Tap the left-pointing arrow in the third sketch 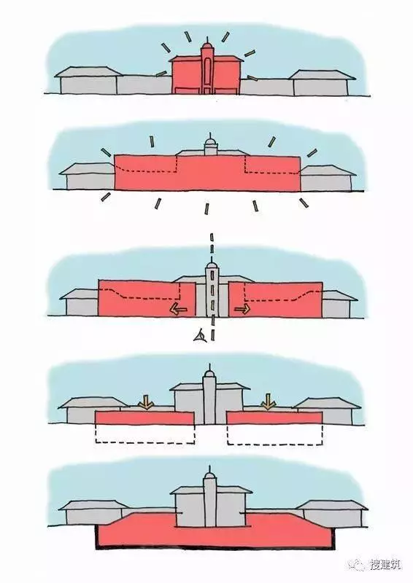click(179, 308)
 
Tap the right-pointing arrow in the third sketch click(242, 309)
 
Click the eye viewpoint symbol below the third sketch click(200, 337)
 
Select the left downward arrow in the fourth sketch click(146, 402)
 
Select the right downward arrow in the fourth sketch click(268, 402)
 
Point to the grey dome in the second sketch click(211, 143)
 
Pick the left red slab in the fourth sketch click(144, 418)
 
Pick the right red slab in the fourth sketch click(274, 418)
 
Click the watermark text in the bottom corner click(385, 564)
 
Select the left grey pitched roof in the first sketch click(88, 71)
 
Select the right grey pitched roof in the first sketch click(323, 74)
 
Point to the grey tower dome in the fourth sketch click(209, 374)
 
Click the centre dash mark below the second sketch click(206, 208)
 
